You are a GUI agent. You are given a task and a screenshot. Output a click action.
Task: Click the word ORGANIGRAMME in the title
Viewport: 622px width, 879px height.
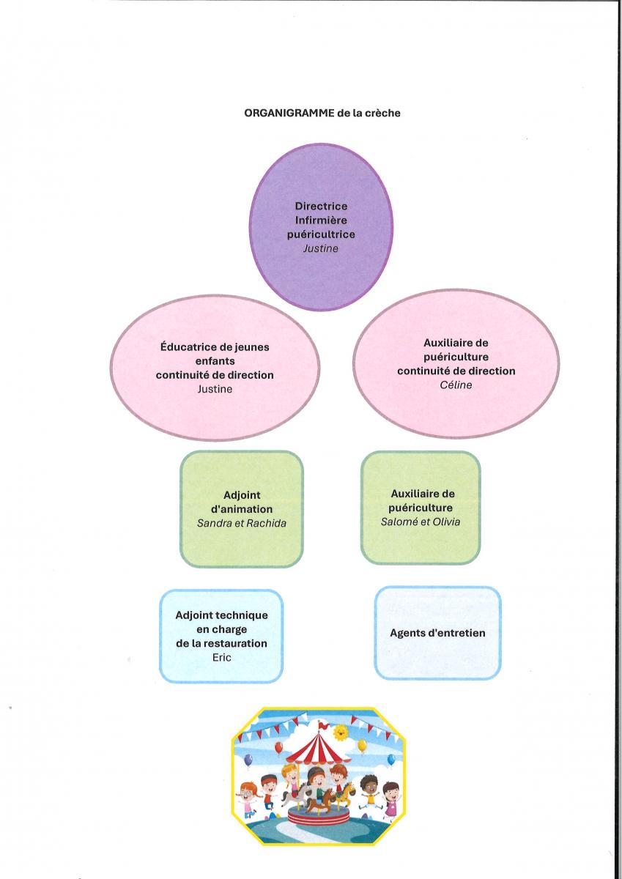289,113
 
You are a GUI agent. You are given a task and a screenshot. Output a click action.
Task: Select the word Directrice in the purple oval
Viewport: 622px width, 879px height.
321,206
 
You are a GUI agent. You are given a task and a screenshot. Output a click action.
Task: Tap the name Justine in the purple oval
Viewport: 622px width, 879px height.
321,248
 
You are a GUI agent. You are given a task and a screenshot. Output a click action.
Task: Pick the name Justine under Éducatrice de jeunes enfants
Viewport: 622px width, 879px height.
215,389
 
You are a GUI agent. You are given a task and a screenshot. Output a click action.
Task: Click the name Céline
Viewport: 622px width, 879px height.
456,385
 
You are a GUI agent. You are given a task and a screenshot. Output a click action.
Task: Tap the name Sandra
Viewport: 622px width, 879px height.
213,523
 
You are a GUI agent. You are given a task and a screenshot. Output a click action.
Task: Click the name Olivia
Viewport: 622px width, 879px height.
446,522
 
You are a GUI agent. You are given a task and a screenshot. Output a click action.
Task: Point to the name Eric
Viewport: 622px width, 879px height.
222,657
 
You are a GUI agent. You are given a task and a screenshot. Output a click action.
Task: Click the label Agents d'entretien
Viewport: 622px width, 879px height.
437,633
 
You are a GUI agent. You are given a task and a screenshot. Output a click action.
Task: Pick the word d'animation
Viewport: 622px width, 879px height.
242,509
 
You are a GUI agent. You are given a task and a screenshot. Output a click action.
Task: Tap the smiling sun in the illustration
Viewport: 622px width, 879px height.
340,732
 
